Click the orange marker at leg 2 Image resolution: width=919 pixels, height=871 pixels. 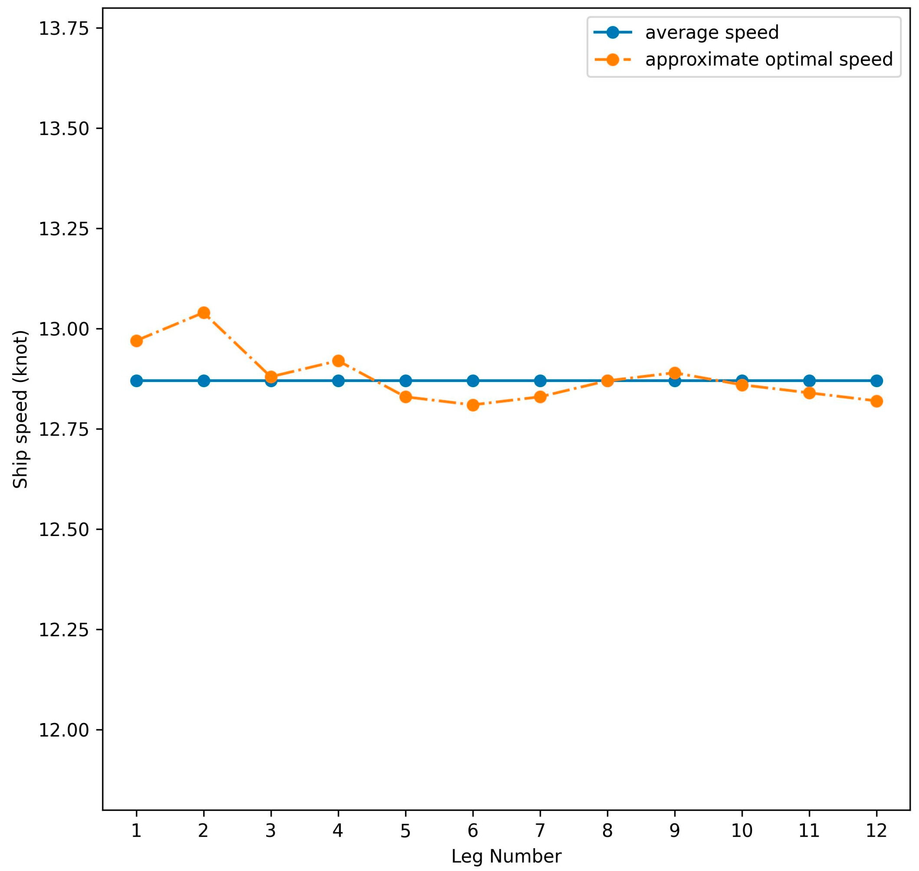pyautogui.click(x=203, y=312)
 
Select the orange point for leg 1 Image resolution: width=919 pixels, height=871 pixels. pyautogui.click(x=136, y=341)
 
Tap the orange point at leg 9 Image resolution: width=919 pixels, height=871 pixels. pyautogui.click(x=674, y=373)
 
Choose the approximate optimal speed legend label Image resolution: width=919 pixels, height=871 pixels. pyautogui.click(x=769, y=59)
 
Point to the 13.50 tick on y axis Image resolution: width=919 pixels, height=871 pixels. pyautogui.click(x=64, y=129)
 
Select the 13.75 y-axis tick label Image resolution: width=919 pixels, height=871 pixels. pyautogui.click(x=64, y=29)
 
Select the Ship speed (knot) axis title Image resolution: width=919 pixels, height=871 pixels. pyautogui.click(x=20, y=410)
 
